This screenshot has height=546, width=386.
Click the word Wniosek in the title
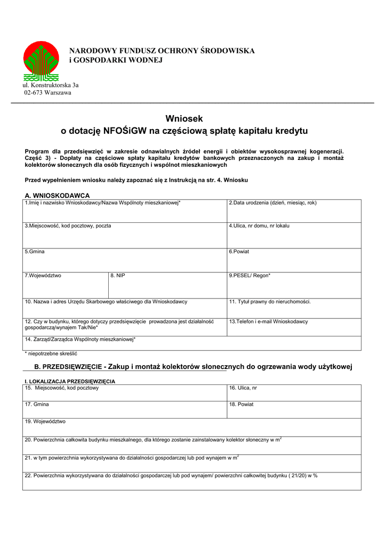point(184,119)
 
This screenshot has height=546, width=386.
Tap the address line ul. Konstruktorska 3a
point(50,85)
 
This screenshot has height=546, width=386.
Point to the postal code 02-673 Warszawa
point(47,93)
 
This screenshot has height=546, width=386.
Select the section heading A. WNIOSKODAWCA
point(57,196)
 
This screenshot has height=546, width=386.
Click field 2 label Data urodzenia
point(272,203)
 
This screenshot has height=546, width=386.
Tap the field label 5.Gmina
point(35,251)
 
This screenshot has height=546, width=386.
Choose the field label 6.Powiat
point(239,251)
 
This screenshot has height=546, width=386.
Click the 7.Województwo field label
point(43,276)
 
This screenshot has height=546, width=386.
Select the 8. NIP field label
point(118,276)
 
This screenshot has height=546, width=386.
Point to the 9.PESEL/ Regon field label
point(250,276)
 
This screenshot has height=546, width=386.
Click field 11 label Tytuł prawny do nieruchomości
point(270,302)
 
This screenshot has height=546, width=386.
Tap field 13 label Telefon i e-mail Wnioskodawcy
point(268,322)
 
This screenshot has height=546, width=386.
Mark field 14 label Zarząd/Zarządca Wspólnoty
point(81,340)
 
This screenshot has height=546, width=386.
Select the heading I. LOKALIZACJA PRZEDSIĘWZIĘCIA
point(70,381)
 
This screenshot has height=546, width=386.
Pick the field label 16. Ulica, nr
point(243,388)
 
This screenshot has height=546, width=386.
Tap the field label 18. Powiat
point(241,405)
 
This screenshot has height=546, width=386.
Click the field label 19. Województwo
point(45,421)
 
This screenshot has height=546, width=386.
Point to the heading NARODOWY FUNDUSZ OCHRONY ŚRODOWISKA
point(162,51)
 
